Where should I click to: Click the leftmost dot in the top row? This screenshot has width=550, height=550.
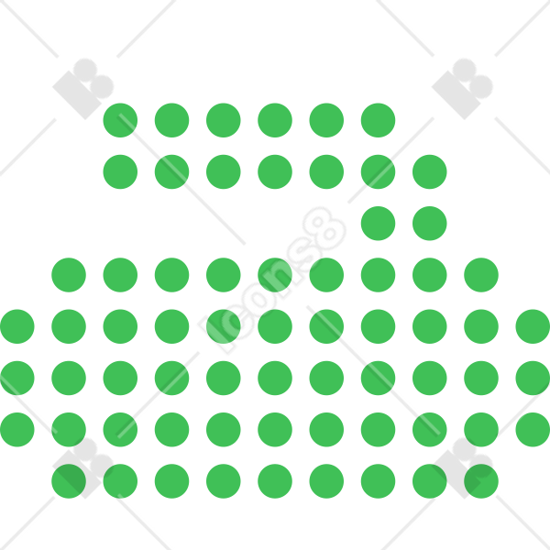click(x=120, y=120)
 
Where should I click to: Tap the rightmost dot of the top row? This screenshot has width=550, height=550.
click(x=378, y=120)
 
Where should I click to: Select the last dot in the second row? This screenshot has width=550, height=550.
click(x=430, y=172)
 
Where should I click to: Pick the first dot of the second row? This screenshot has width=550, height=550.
click(x=120, y=172)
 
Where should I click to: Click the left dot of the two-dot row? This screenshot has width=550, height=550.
click(x=378, y=224)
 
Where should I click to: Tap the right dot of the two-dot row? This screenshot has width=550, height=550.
click(x=430, y=224)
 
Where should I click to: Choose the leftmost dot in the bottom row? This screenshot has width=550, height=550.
click(x=69, y=481)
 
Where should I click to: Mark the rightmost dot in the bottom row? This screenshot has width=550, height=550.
click(x=481, y=481)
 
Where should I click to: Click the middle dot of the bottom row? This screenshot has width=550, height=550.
click(x=275, y=481)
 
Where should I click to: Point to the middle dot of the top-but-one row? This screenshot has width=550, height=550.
click(x=275, y=172)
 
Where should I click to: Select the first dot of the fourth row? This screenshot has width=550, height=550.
click(x=69, y=275)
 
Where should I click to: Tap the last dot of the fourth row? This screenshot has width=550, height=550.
click(x=481, y=275)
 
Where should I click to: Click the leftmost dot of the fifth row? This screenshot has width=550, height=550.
click(x=17, y=326)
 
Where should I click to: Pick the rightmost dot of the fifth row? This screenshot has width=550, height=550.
click(x=533, y=326)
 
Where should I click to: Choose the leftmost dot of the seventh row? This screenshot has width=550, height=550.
click(x=17, y=430)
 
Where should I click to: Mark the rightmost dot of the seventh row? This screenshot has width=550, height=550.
click(x=533, y=430)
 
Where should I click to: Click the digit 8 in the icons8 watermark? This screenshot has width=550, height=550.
click(x=324, y=228)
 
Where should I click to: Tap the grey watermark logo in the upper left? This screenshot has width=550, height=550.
click(x=83, y=89)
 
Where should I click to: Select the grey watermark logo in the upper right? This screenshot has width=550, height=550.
click(x=462, y=89)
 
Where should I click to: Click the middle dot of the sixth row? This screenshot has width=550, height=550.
click(x=275, y=378)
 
